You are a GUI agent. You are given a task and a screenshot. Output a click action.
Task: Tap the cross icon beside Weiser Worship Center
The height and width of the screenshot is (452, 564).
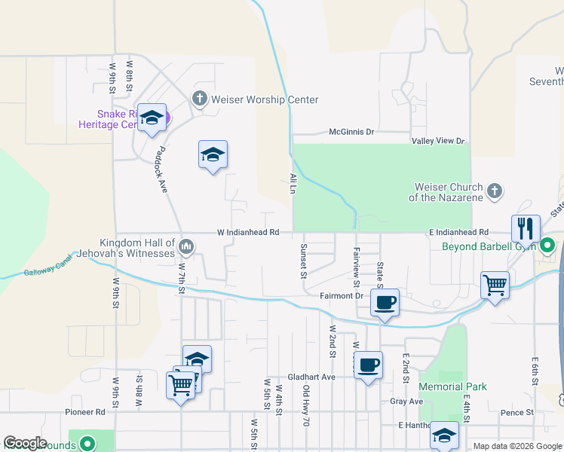click(x=200, y=98)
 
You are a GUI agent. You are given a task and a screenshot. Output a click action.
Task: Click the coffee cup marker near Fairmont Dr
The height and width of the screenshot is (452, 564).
click(x=385, y=303)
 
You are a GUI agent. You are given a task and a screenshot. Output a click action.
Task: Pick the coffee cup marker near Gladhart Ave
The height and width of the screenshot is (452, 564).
click(x=368, y=365)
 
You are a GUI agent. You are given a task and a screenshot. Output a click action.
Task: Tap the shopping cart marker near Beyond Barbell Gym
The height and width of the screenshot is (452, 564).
click(x=495, y=285)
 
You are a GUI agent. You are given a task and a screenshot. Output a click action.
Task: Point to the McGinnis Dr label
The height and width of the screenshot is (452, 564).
click(x=351, y=133)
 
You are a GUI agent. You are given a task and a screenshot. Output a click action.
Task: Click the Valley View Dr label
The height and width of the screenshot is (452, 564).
click(x=438, y=142)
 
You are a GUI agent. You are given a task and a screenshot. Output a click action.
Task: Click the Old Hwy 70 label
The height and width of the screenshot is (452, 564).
click(x=306, y=406)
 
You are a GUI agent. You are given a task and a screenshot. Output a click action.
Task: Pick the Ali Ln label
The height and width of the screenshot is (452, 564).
click(x=292, y=184)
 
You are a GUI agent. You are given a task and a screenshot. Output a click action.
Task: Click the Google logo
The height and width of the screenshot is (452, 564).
click(x=26, y=444)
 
